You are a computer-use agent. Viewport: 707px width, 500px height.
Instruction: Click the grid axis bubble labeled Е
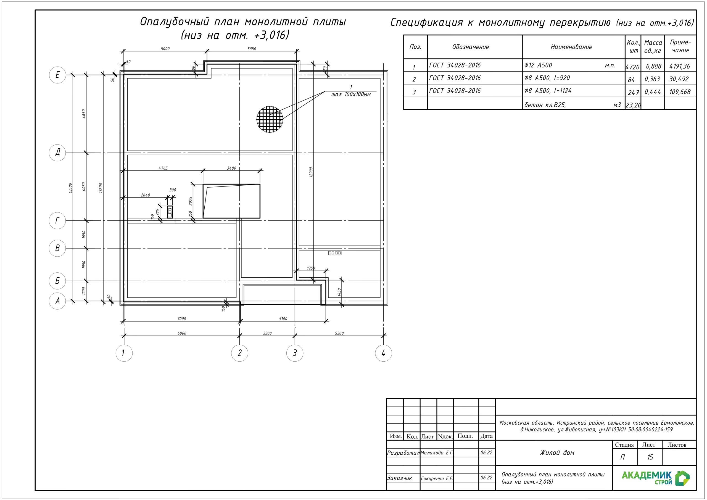click(x=58, y=75)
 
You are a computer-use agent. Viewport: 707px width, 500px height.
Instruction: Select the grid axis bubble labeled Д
click(x=58, y=152)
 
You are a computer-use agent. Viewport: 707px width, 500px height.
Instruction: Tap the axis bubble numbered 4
click(x=383, y=353)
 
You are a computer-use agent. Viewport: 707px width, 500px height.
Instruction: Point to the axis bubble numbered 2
click(x=239, y=353)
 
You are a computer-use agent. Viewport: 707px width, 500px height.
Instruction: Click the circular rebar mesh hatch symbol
click(x=270, y=119)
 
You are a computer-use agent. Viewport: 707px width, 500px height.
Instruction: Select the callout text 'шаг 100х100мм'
click(x=351, y=94)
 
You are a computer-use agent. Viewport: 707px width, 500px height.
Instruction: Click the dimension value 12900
click(x=311, y=172)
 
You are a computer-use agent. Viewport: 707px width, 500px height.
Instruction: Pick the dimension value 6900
click(x=182, y=333)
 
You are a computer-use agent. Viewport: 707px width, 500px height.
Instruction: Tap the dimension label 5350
click(x=252, y=49)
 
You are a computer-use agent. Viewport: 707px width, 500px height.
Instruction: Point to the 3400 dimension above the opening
click(x=231, y=168)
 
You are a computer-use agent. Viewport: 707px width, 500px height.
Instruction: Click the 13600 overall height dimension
click(x=101, y=188)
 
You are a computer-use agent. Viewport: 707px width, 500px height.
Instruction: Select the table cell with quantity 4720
click(x=633, y=67)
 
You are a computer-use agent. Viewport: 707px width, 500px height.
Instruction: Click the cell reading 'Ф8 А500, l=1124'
click(x=548, y=91)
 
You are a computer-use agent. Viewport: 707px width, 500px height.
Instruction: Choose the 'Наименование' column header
click(x=571, y=47)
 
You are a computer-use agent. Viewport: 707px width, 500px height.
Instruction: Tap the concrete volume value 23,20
click(x=633, y=105)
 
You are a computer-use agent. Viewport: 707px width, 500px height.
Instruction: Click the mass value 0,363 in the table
click(x=652, y=79)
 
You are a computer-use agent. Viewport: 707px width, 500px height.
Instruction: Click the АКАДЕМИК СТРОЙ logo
click(x=655, y=478)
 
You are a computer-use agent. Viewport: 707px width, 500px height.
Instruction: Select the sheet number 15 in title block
click(x=650, y=457)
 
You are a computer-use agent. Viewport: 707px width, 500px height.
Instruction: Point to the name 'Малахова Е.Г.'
click(x=437, y=452)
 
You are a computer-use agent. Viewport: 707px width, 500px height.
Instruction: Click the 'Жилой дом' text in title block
click(x=557, y=452)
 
